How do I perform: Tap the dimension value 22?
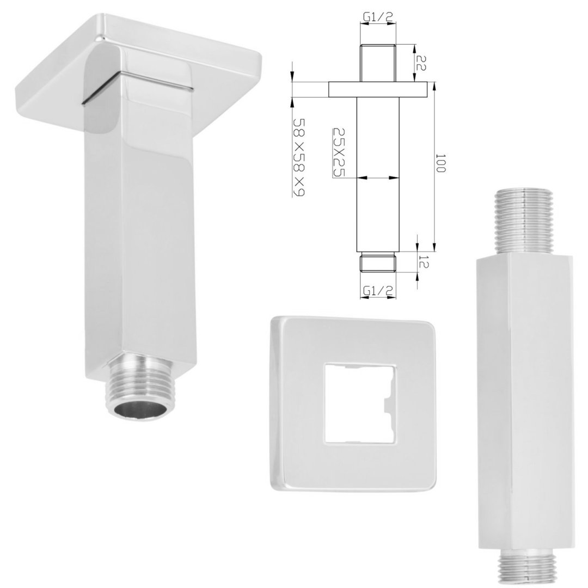(x=421, y=63)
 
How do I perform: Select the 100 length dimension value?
(x=440, y=163)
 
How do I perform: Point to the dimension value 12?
(x=423, y=262)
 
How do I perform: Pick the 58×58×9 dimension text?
(x=299, y=157)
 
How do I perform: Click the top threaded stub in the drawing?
(x=378, y=63)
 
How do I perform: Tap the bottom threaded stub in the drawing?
(x=378, y=261)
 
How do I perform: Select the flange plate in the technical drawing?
(x=378, y=90)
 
